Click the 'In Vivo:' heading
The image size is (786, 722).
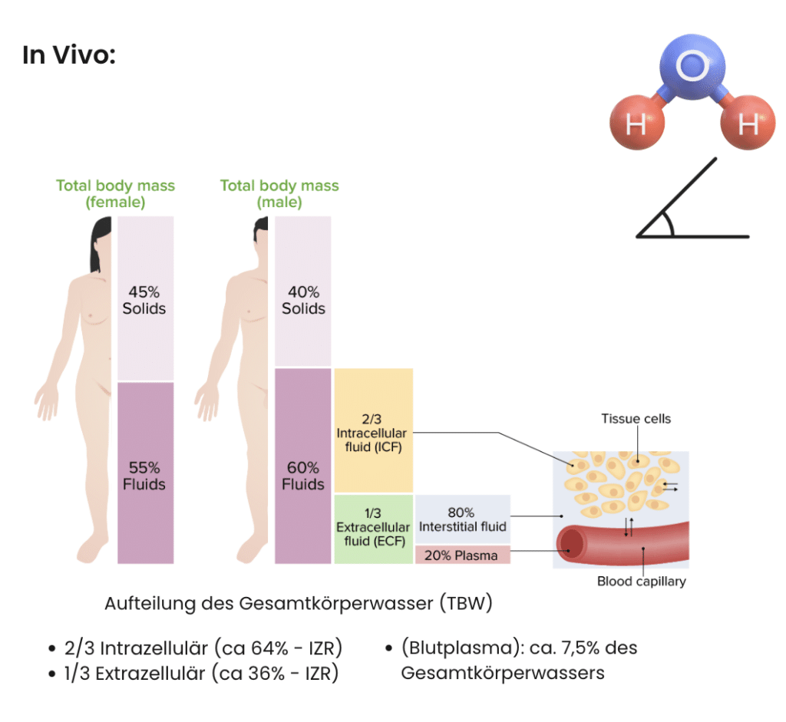[x=68, y=54]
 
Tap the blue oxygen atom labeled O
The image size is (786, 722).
[x=692, y=66]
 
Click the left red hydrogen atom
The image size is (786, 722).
[x=637, y=122]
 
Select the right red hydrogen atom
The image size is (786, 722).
[x=748, y=122]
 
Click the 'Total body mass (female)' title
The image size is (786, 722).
[x=115, y=193]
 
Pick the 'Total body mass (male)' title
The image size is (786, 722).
[x=279, y=193]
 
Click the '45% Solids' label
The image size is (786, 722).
[x=144, y=300]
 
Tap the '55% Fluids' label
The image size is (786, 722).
[x=144, y=476]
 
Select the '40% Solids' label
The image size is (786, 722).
[x=303, y=300]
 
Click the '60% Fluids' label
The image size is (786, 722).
[x=302, y=476]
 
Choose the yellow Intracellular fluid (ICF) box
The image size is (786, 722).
[x=374, y=430]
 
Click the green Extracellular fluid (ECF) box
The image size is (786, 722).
[x=374, y=529]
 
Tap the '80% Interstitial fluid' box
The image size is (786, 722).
[x=463, y=519]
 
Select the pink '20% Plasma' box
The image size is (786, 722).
[x=463, y=556]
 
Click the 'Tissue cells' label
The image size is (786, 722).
[x=636, y=418]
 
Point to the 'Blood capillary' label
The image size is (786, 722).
[x=641, y=582]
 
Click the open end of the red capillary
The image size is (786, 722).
[x=571, y=544]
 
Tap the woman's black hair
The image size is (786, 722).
[x=99, y=243]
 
